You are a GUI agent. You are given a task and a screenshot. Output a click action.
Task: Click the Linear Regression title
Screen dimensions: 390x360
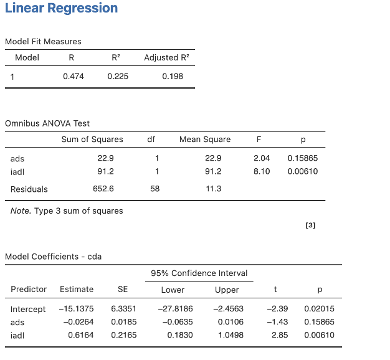pyautogui.click(x=60, y=9)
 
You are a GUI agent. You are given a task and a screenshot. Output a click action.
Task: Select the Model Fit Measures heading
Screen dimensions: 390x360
pyautogui.click(x=43, y=41)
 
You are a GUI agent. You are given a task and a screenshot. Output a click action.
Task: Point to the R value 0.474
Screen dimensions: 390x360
pyautogui.click(x=74, y=77)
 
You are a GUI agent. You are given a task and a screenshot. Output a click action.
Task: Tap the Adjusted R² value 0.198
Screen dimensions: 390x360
pyautogui.click(x=173, y=77)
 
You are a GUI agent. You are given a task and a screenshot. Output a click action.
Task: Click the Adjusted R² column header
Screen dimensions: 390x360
pyautogui.click(x=166, y=57)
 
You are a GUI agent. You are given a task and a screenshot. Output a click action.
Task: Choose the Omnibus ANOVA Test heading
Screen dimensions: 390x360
pyautogui.click(x=47, y=123)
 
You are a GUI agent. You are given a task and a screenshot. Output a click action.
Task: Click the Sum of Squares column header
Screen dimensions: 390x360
pyautogui.click(x=92, y=140)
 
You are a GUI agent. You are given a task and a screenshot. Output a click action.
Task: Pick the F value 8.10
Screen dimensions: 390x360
pyautogui.click(x=262, y=171)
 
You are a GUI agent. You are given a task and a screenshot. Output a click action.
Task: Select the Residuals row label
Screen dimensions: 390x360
pyautogui.click(x=29, y=189)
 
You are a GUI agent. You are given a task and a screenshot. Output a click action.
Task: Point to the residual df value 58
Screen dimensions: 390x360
pyautogui.click(x=155, y=189)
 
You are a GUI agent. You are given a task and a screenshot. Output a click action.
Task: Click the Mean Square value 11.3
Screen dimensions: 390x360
pyautogui.click(x=213, y=189)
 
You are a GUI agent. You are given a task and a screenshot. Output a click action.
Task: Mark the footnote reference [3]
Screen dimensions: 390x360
pyautogui.click(x=311, y=225)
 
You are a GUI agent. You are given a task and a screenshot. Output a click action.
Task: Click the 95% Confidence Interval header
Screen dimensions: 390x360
pyautogui.click(x=199, y=273)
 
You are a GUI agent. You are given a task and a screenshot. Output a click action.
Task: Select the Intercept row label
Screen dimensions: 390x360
pyautogui.click(x=28, y=310)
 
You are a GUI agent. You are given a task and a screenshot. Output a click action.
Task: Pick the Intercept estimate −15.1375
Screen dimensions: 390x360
pyautogui.click(x=76, y=310)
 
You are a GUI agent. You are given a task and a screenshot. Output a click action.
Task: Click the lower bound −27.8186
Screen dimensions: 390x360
pyautogui.click(x=176, y=310)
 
